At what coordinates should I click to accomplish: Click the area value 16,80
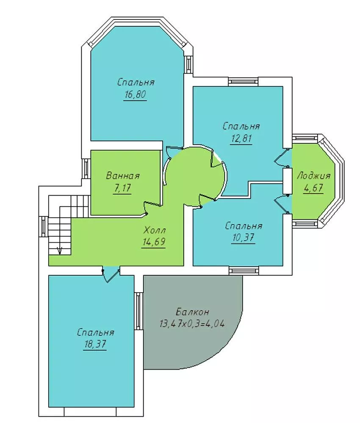tap(135, 94)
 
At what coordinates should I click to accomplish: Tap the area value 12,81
tap(241, 138)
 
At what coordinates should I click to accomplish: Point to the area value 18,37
tap(95, 344)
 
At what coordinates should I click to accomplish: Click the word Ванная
tap(123, 176)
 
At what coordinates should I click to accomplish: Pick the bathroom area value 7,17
tap(122, 188)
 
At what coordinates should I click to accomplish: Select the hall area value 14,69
tap(154, 242)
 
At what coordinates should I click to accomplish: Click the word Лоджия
tap(314, 176)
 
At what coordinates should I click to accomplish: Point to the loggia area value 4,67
tap(313, 188)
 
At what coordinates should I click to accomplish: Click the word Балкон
tap(192, 312)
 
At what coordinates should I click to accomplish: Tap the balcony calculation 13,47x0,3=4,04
tap(192, 323)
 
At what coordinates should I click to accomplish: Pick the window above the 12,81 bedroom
tap(244, 81)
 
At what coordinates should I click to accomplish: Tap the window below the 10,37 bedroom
tap(244, 271)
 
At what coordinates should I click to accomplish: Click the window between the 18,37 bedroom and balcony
tap(138, 311)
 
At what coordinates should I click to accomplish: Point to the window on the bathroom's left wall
tap(86, 169)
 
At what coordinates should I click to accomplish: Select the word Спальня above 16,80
tap(136, 82)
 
